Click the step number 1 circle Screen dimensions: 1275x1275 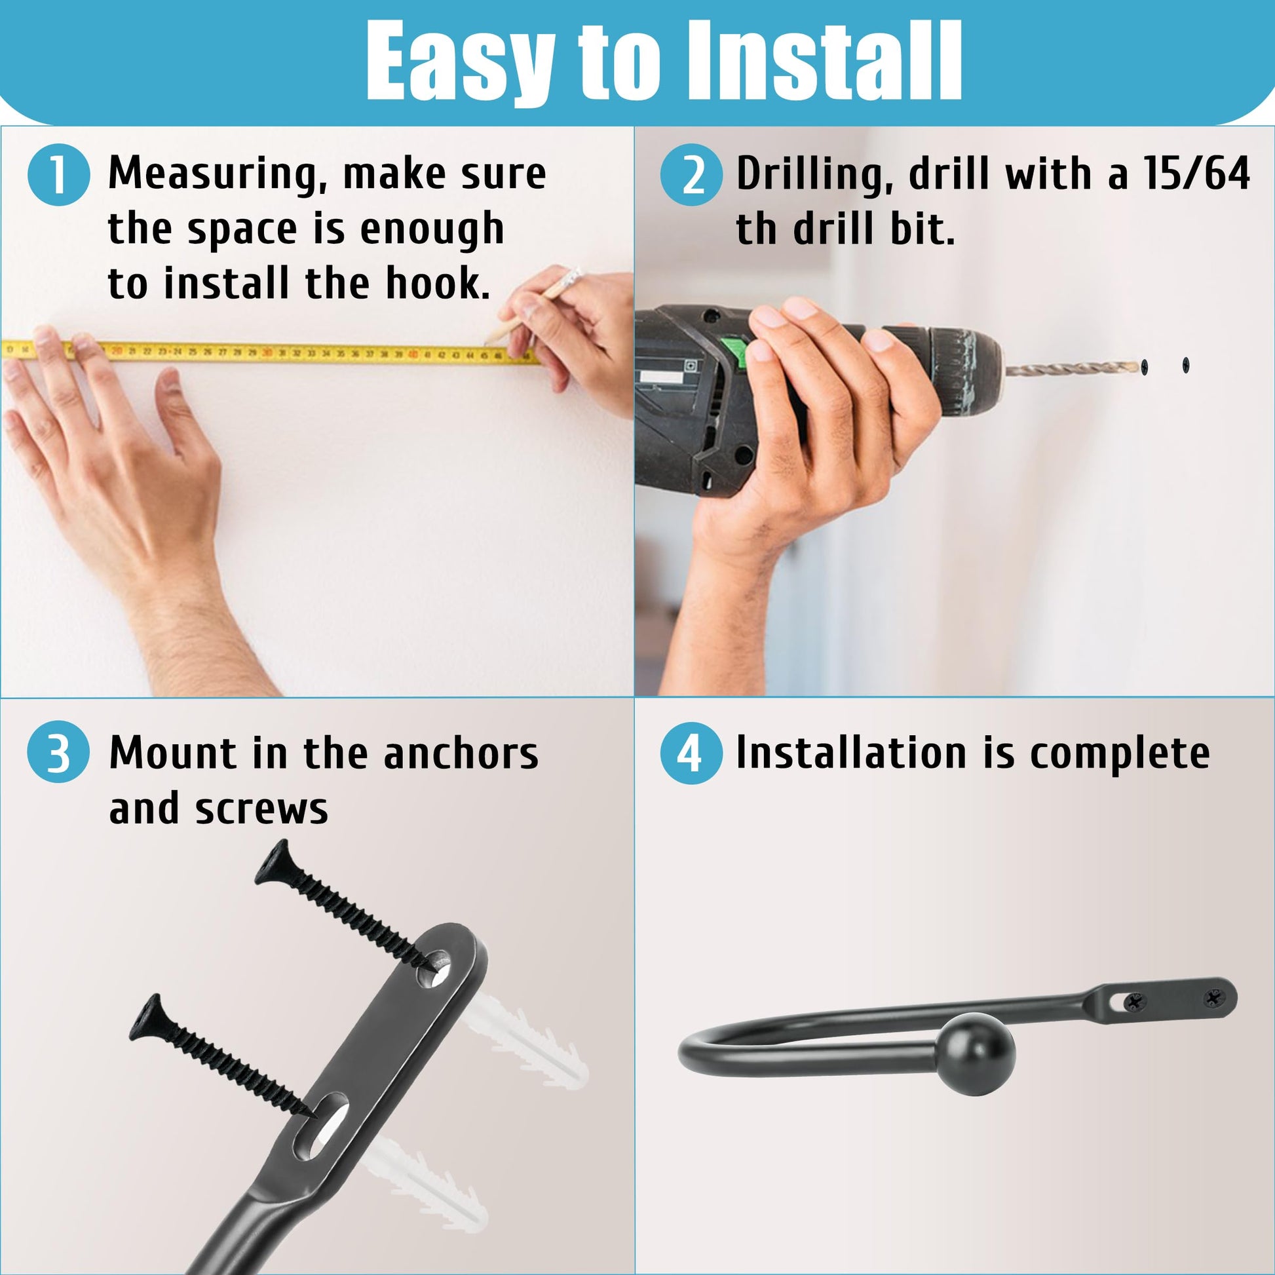click(x=59, y=175)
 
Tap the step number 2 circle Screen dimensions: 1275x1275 click(x=692, y=175)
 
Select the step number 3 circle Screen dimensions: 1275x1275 click(x=59, y=753)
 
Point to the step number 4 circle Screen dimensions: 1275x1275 click(x=692, y=753)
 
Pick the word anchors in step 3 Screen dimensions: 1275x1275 click(x=461, y=753)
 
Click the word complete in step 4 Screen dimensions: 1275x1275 click(x=1120, y=754)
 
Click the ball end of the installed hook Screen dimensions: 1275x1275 click(x=976, y=1056)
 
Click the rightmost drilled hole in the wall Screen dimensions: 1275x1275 click(x=1186, y=364)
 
